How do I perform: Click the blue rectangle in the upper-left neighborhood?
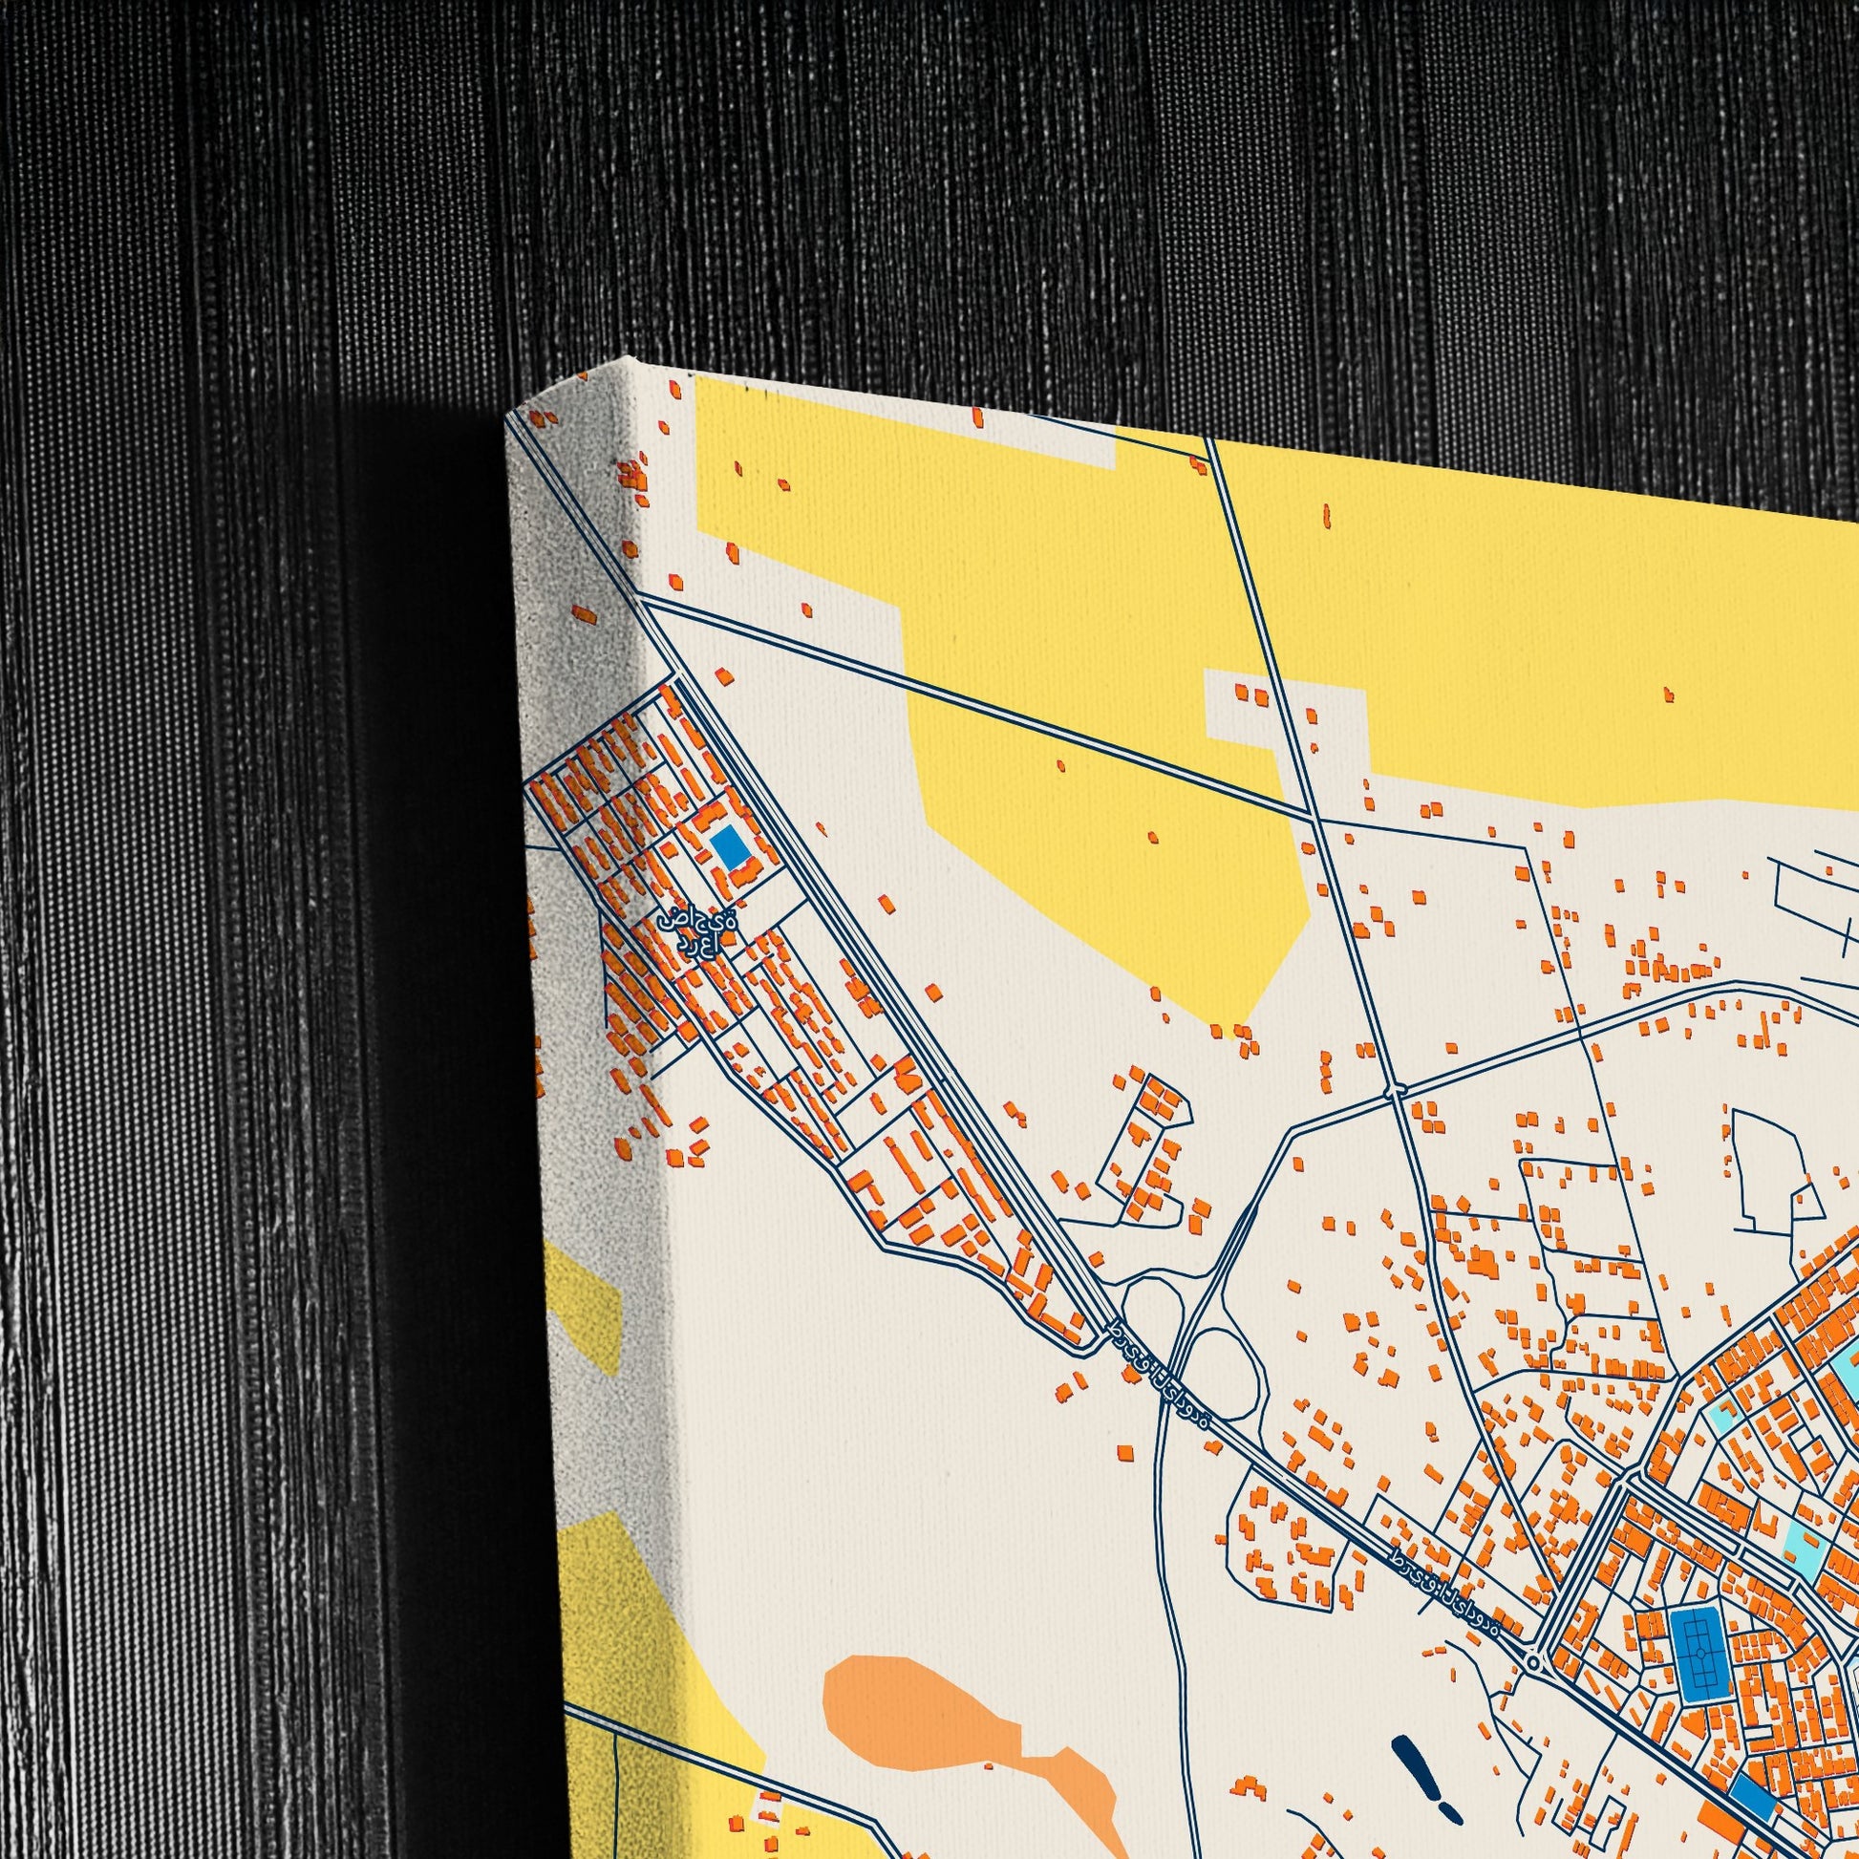click(x=729, y=845)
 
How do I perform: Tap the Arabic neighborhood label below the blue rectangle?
click(x=697, y=932)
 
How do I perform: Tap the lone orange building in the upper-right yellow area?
click(x=1668, y=694)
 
